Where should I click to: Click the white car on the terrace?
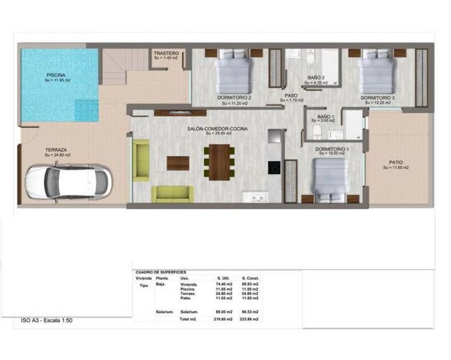[68, 182]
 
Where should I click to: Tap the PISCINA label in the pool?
[56, 75]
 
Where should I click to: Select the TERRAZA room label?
[56, 150]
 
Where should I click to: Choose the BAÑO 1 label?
[326, 117]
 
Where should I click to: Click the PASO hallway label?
[291, 95]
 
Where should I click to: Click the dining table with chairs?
[221, 162]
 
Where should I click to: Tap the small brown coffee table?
[178, 162]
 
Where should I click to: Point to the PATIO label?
[396, 162]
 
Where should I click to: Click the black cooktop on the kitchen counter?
[274, 166]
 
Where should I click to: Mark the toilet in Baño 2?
[310, 56]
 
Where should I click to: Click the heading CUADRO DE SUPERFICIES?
[163, 272]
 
